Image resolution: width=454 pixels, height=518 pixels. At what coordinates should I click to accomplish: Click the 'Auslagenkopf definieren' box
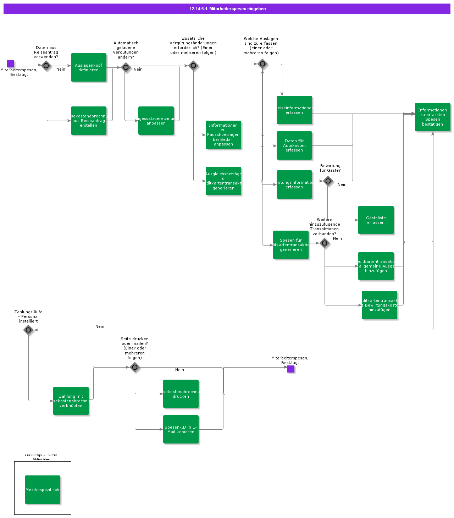[89, 67]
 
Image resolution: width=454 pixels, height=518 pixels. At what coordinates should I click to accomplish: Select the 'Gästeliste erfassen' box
[376, 220]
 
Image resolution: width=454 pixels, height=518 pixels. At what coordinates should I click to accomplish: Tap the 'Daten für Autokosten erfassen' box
[294, 145]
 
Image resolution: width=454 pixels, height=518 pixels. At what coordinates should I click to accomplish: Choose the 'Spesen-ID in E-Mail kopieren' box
[181, 429]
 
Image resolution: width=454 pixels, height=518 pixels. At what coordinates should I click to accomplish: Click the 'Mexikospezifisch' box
[43, 490]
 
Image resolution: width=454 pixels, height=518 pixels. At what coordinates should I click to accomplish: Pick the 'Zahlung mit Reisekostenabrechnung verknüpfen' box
[71, 401]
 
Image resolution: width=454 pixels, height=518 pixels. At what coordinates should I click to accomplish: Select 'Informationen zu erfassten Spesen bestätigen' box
[433, 117]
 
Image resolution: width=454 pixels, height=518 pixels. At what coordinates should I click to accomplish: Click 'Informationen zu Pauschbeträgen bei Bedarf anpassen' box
[223, 135]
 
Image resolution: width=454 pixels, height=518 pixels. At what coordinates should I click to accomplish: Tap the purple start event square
[11, 64]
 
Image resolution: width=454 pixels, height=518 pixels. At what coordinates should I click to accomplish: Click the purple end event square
[291, 369]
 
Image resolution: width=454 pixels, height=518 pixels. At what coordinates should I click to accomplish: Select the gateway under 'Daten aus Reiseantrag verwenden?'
[46, 66]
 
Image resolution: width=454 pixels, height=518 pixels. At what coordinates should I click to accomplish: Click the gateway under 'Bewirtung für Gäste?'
[328, 181]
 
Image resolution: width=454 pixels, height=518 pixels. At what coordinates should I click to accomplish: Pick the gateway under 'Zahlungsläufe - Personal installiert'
[28, 330]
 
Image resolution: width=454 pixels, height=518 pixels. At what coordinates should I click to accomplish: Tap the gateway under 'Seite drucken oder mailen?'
[135, 367]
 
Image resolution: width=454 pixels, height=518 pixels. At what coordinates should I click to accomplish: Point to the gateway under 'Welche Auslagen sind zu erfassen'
[262, 64]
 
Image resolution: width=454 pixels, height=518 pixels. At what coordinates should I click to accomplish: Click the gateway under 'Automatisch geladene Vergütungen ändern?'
[126, 67]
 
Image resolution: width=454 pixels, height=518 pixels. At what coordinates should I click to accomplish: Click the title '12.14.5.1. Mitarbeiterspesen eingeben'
[227, 9]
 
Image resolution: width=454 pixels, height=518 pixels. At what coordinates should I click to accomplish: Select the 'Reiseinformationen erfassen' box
[294, 110]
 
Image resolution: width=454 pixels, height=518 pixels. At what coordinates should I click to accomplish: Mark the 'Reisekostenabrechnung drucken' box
[181, 394]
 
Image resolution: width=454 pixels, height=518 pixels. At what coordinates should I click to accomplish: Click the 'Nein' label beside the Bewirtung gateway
[342, 184]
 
